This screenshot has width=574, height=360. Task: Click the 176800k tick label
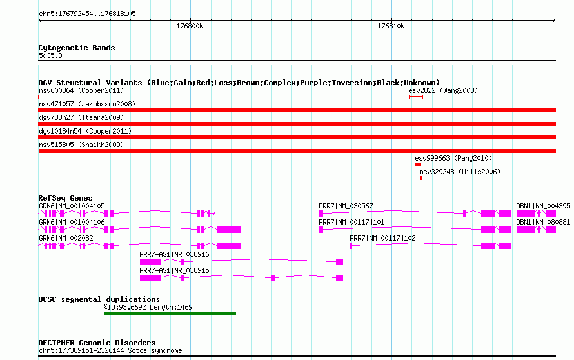(190, 26)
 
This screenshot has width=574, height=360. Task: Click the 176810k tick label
(391, 26)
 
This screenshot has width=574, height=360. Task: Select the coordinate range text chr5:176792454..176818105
(87, 14)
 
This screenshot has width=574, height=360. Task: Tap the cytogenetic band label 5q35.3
(50, 55)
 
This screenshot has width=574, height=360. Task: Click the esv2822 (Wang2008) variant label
(443, 90)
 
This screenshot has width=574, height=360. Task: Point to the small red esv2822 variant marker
(416, 97)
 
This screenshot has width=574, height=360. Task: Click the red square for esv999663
(418, 165)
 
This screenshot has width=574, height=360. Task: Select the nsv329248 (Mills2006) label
(460, 172)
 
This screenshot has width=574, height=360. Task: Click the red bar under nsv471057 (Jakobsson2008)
(297, 110)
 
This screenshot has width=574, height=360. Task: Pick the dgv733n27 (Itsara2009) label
(81, 117)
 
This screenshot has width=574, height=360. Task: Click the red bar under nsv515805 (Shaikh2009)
(297, 151)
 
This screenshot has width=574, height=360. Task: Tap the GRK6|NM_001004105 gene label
(72, 206)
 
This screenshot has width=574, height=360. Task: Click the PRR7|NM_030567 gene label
(346, 206)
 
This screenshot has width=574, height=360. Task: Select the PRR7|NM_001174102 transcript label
(382, 239)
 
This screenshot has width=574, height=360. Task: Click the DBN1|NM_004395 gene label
(543, 206)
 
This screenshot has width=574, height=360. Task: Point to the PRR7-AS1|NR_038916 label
(174, 255)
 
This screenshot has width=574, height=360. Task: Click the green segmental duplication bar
(170, 314)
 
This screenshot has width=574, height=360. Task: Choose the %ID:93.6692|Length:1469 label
(148, 307)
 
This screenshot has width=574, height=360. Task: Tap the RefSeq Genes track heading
(65, 198)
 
